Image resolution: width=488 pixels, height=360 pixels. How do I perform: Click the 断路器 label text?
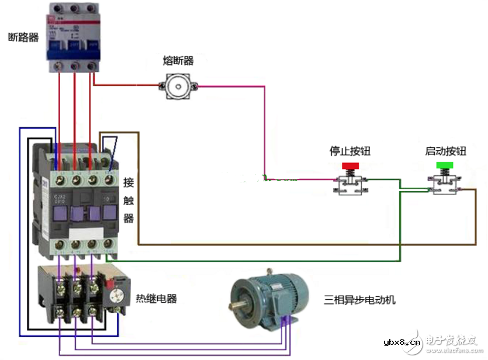[23, 37]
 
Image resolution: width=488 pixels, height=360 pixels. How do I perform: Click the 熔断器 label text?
[178, 61]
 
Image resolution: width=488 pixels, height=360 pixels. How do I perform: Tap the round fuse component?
[178, 87]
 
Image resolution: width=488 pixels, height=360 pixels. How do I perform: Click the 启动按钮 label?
[446, 151]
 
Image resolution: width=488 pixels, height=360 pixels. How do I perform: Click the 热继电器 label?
[156, 299]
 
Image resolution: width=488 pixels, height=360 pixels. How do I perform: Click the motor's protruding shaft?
[237, 304]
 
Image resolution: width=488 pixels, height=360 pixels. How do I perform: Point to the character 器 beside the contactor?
[129, 218]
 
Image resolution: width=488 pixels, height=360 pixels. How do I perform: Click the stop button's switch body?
[351, 185]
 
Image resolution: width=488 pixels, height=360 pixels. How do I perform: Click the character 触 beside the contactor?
[129, 200]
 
